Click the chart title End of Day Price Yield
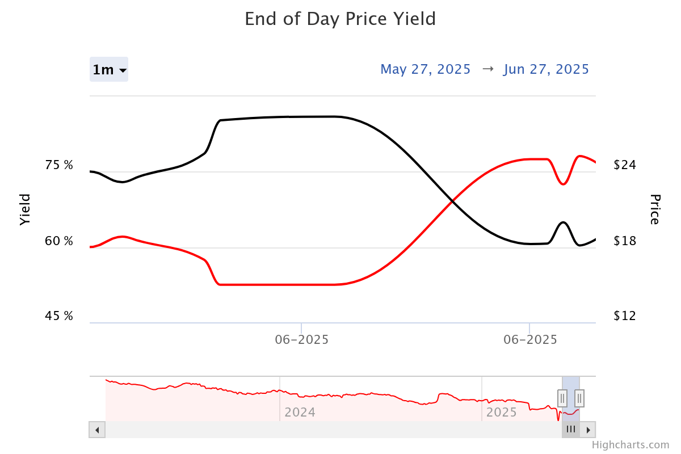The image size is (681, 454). pos(340,19)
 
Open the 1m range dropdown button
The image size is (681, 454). pos(109,70)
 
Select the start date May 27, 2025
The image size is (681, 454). pos(425,69)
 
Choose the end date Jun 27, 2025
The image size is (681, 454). pos(546,69)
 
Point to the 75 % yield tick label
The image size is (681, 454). pos(59,166)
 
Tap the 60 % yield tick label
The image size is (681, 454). pos(59,241)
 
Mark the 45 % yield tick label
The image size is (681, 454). pos(59,316)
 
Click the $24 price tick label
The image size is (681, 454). pos(625,166)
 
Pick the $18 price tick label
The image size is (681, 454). pos(625,241)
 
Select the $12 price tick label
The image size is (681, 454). pos(625,316)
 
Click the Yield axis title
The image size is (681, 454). pos(24,209)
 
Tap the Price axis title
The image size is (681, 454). pos(654,209)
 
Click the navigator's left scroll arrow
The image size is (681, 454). pos(97,430)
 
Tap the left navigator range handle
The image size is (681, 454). pos(562,398)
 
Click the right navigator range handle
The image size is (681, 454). pos(579,398)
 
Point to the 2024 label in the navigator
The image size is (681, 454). pos(300,412)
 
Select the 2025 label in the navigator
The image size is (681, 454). pos(502,412)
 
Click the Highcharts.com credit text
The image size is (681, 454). pos(630,445)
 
